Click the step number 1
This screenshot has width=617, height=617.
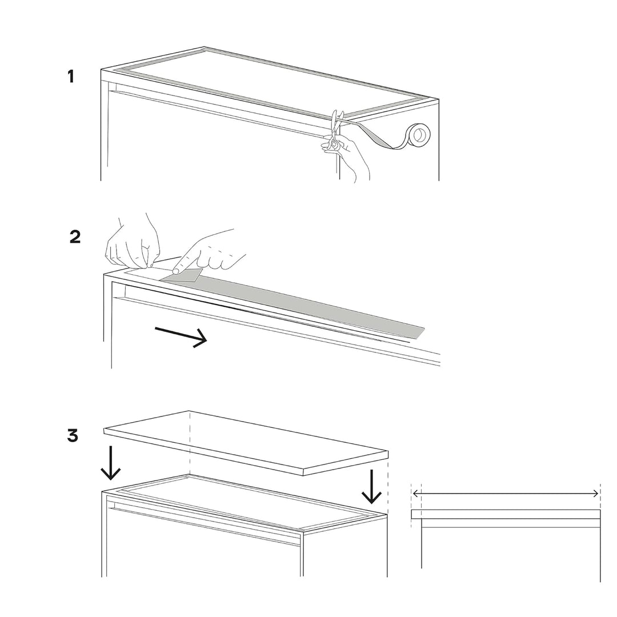(71, 77)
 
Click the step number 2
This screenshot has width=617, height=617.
(75, 237)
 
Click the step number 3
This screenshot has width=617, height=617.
(73, 436)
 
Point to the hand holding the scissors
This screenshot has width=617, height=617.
(348, 158)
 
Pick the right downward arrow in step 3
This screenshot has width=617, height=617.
(371, 486)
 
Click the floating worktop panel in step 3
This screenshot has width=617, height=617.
(246, 443)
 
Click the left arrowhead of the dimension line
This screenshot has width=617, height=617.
(415, 493)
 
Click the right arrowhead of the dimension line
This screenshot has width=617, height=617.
(595, 494)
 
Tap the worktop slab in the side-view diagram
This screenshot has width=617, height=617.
(506, 514)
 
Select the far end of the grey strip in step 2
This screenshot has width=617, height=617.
(420, 333)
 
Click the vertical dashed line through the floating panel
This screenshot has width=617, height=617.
(190, 443)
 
